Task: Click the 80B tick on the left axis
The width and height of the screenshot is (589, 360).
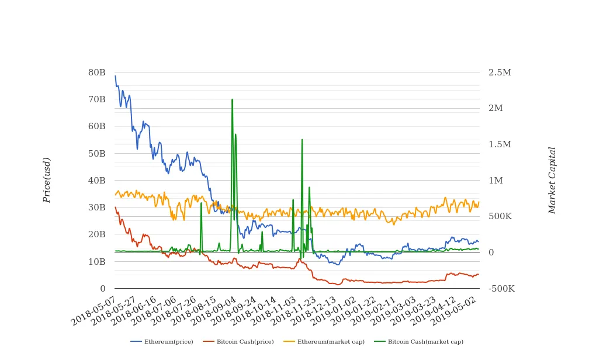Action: click(x=97, y=72)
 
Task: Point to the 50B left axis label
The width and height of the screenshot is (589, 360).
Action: click(x=97, y=153)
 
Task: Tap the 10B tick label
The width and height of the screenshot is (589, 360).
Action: click(x=97, y=261)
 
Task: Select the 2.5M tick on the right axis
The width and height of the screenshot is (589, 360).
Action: click(x=500, y=72)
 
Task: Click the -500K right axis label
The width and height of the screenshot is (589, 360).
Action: click(x=501, y=288)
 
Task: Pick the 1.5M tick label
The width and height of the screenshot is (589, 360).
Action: click(x=500, y=144)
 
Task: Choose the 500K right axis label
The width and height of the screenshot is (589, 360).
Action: click(x=500, y=216)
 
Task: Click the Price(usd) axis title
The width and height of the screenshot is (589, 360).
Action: click(x=47, y=180)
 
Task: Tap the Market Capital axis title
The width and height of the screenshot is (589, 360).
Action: click(x=552, y=180)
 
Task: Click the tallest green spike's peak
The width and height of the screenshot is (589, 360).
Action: click(x=232, y=99)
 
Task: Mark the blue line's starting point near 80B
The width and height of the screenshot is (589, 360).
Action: click(x=115, y=76)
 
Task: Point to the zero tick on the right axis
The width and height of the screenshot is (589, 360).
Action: click(x=491, y=252)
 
